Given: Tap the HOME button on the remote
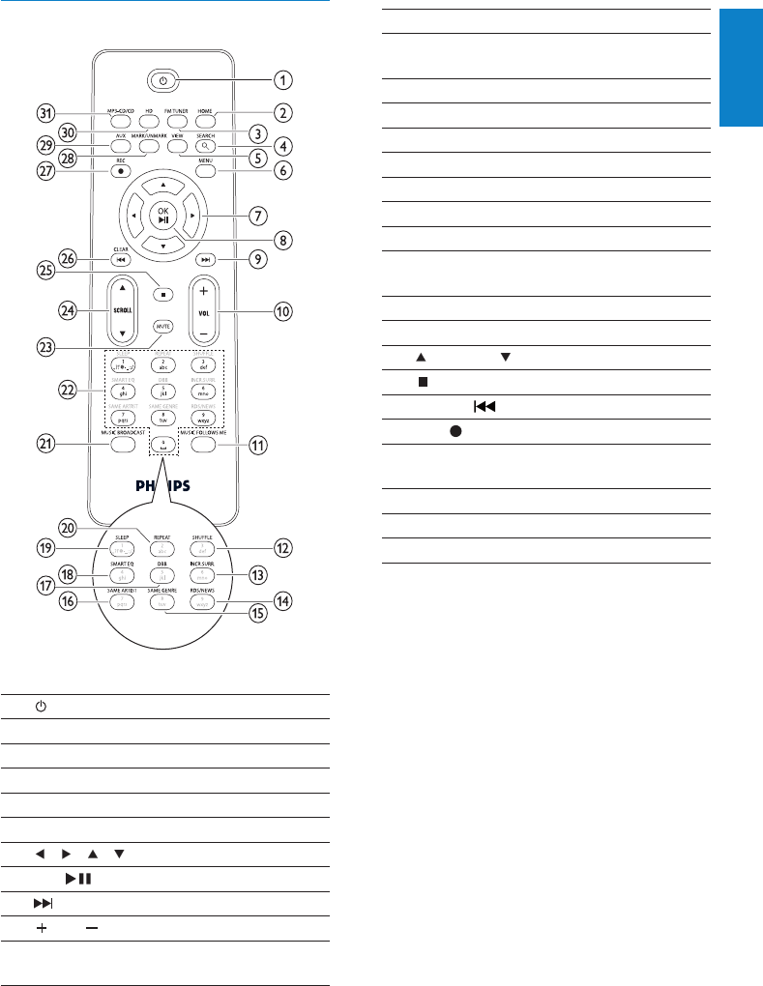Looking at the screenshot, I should tap(204, 123).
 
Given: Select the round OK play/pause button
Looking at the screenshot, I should tap(163, 214).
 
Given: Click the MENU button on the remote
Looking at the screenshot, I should tap(204, 171).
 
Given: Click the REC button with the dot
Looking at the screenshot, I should tap(120, 171).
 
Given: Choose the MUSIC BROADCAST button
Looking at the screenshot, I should tap(121, 447).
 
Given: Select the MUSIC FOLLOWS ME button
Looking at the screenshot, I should tap(205, 447).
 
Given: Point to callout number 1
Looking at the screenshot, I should tap(282, 78).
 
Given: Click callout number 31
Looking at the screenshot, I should tap(44, 112).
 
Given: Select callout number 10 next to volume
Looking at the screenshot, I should tap(282, 312).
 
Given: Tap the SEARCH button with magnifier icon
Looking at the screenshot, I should tap(204, 147).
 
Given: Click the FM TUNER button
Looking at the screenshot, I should tap(176, 123).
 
